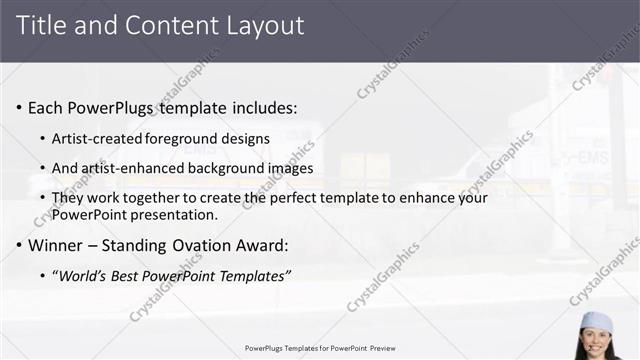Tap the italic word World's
pos(83,275)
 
